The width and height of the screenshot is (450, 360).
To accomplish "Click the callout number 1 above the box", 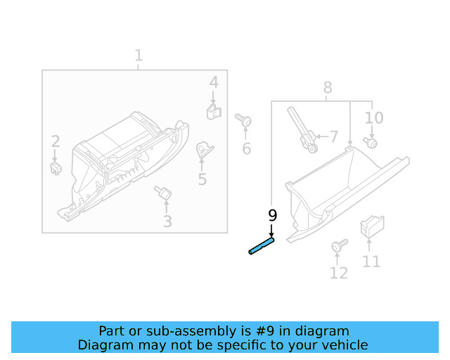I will [139, 55].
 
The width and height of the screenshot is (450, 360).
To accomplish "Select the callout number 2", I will [55, 142].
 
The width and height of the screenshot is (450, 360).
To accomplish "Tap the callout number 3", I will [167, 222].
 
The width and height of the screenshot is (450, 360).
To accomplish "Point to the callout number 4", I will [214, 83].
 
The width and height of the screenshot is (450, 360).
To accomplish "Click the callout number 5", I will [202, 179].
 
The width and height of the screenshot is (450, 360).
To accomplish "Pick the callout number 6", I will [246, 148].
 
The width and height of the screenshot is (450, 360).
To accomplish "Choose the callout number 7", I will [333, 136].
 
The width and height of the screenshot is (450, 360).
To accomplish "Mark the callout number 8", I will [328, 88].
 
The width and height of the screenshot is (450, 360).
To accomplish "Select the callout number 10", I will [373, 118].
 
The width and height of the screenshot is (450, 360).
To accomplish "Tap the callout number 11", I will [371, 262].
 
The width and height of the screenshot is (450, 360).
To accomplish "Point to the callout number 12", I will [338, 273].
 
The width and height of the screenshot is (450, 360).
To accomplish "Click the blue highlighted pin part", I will [261, 246].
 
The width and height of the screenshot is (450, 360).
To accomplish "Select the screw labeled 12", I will [338, 246].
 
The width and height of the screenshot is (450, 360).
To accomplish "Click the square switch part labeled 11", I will [370, 226].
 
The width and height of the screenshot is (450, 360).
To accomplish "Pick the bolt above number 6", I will [244, 121].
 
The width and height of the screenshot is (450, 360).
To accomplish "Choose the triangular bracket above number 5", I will [204, 149].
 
